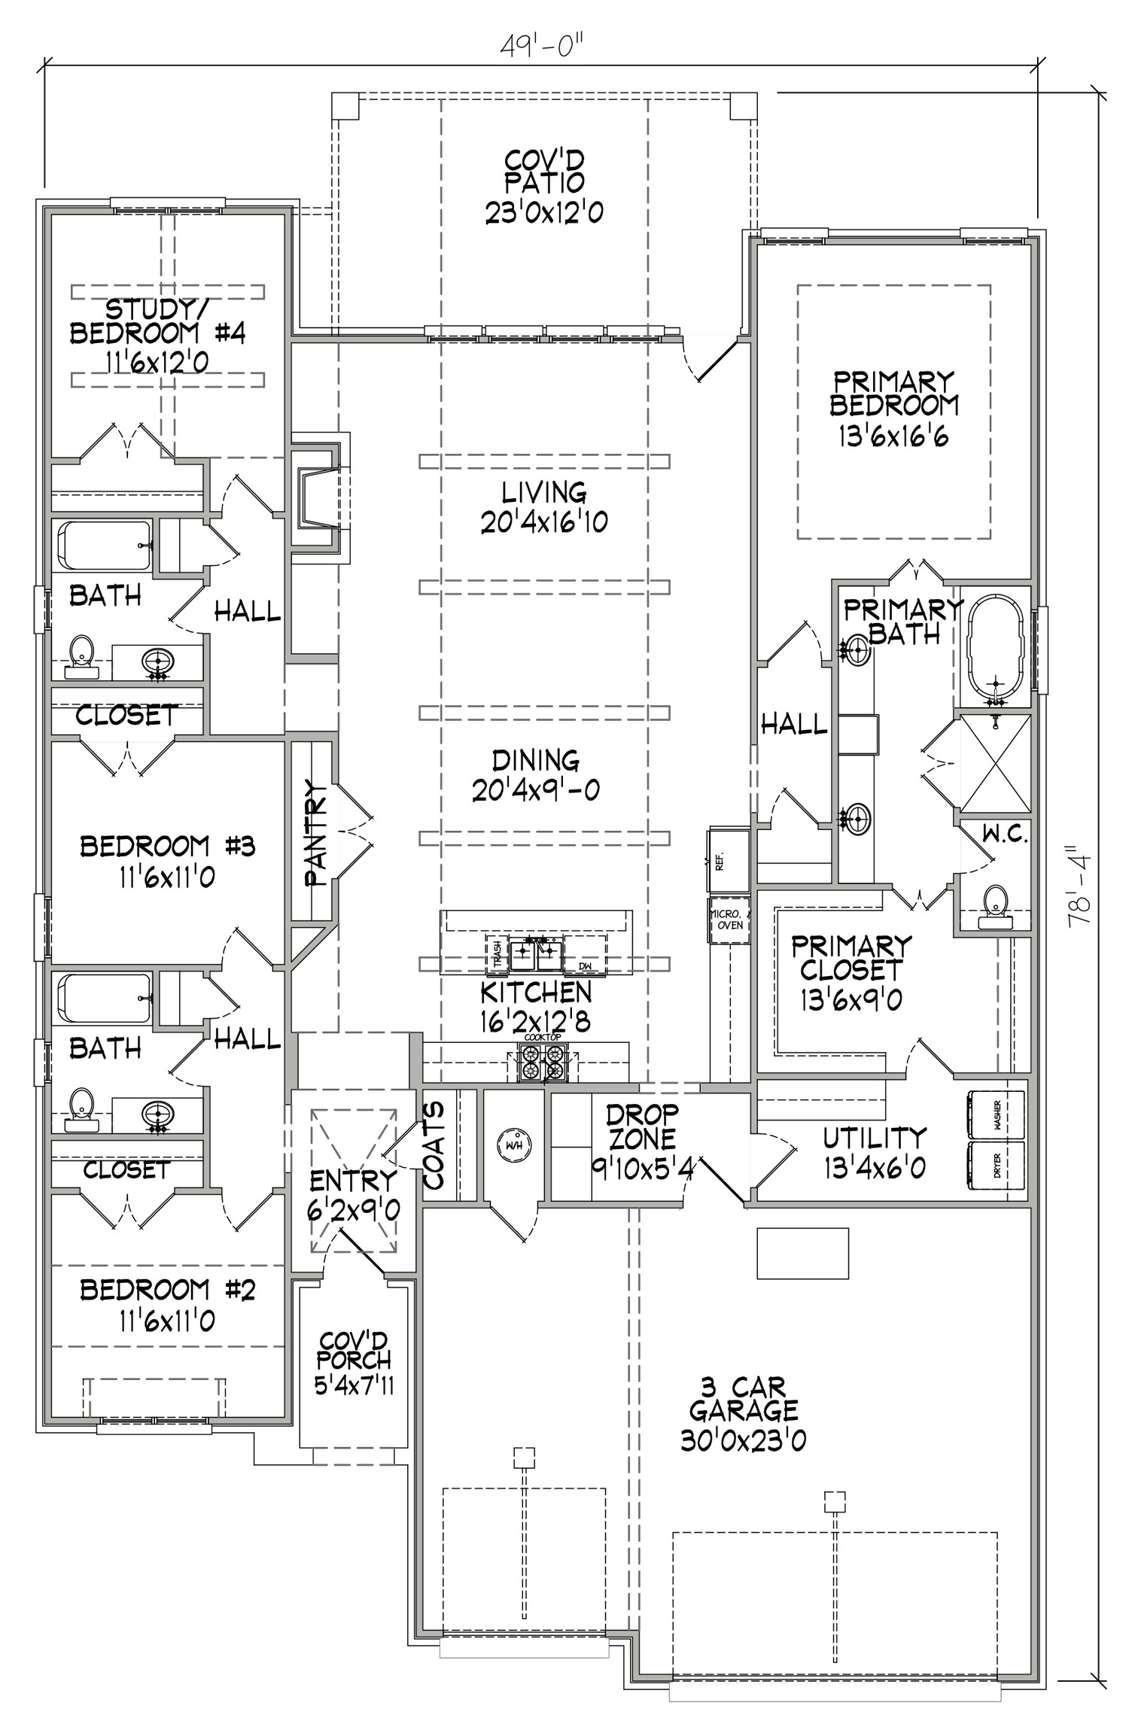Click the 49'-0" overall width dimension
coord(542,47)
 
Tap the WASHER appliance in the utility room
coord(995,1113)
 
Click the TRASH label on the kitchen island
coord(497,953)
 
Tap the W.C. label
coord(1004,834)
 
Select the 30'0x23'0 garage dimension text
coord(743,1440)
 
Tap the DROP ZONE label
coord(643,1126)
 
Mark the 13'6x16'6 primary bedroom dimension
coord(893,437)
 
